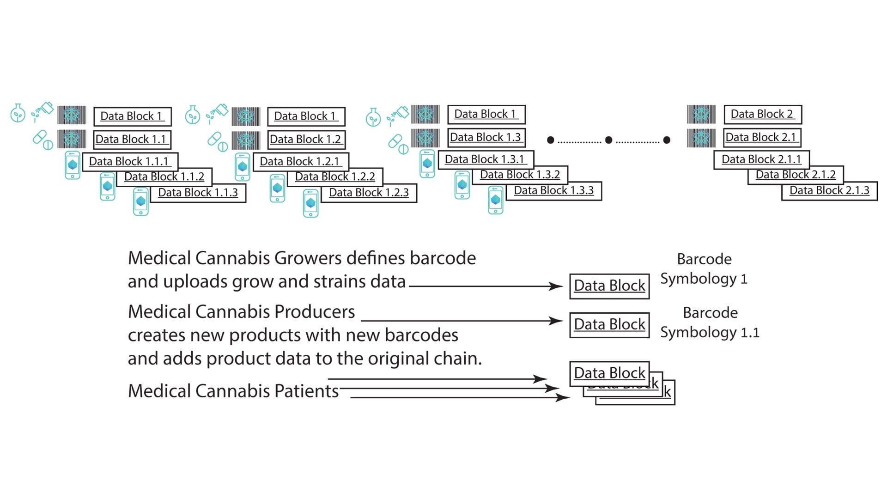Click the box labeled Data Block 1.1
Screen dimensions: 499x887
[132, 140]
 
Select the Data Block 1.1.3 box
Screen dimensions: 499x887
[198, 193]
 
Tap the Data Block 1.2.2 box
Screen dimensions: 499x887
[335, 177]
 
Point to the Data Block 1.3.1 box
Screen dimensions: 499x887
[485, 159]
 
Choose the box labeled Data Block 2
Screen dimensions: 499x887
[762, 114]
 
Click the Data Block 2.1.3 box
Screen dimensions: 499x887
[829, 191]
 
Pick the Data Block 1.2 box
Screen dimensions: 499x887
[305, 140]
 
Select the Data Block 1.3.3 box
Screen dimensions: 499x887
[554, 191]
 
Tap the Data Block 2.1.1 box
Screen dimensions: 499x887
[761, 159]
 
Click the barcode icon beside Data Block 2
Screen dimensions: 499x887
[701, 114]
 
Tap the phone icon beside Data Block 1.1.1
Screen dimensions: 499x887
[73, 165]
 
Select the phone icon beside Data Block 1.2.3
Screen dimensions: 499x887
[311, 203]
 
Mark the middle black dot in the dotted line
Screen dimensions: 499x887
[608, 140]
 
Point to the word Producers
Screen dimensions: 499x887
[314, 312]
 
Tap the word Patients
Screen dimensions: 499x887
[306, 391]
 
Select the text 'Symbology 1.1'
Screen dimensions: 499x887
[710, 333]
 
